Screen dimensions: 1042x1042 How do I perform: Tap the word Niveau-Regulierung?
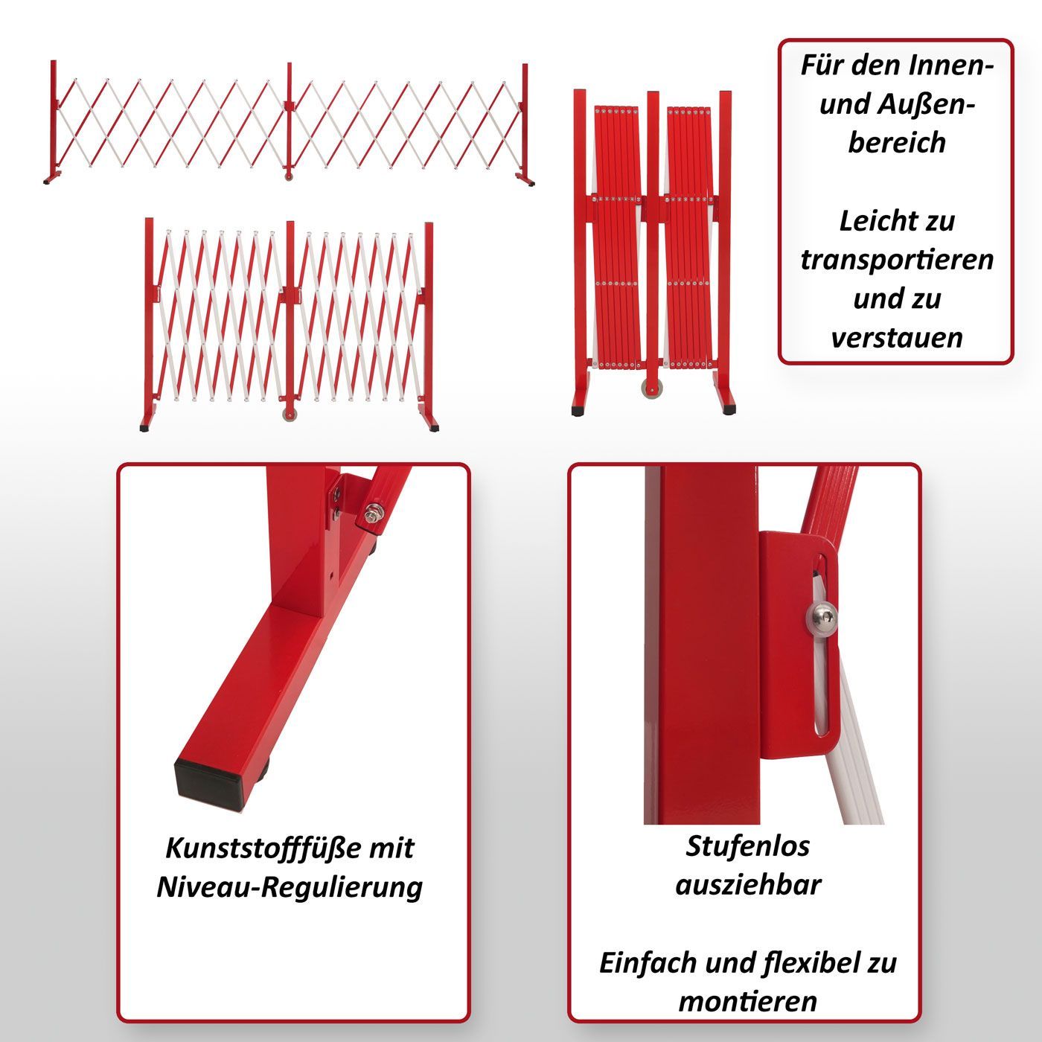pyautogui.click(x=290, y=889)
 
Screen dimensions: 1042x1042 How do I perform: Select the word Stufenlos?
pyautogui.click(x=748, y=846)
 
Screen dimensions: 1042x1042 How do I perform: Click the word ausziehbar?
pyautogui.click(x=749, y=886)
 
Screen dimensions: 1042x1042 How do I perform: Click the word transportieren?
pyautogui.click(x=897, y=260)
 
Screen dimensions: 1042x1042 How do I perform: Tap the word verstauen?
pyautogui.click(x=897, y=338)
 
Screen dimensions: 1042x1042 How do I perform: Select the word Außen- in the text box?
pyautogui.click(x=926, y=103)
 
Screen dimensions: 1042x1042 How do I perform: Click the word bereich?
pyautogui.click(x=897, y=143)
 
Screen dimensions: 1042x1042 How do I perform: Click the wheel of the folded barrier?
pyautogui.click(x=653, y=389)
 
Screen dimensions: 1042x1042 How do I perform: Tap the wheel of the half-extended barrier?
pyautogui.click(x=290, y=415)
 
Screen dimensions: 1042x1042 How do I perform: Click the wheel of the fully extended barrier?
pyautogui.click(x=288, y=176)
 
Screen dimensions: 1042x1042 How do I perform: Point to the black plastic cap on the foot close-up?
pyautogui.click(x=208, y=784)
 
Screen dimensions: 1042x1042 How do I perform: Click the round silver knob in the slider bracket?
pyautogui.click(x=822, y=616)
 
